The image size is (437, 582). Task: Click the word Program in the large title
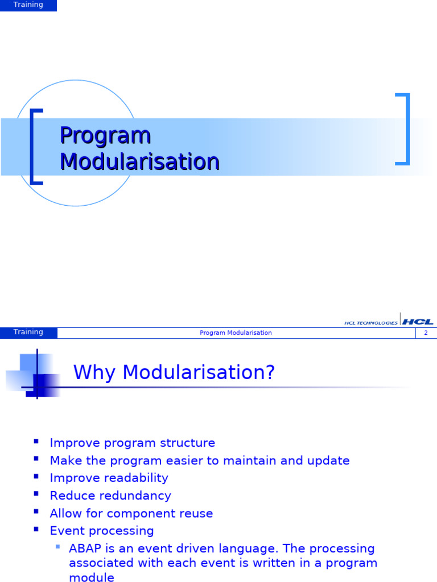[x=105, y=136]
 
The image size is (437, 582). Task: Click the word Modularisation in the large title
[x=140, y=161]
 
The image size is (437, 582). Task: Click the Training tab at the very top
[x=28, y=5]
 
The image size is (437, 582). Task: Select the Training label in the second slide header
[x=28, y=332]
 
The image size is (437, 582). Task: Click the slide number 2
[x=426, y=333]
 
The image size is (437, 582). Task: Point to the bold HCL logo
[x=418, y=322]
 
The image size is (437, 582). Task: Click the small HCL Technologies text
[x=370, y=323]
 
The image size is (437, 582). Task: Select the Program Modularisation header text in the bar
[x=236, y=333]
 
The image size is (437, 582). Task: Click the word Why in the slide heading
[x=94, y=372]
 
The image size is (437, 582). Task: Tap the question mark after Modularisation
[x=270, y=372]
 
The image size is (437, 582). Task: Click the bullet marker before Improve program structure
[x=36, y=441]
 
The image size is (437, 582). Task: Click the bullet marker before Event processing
[x=36, y=529]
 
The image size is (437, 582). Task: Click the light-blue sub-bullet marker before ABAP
[x=57, y=546]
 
